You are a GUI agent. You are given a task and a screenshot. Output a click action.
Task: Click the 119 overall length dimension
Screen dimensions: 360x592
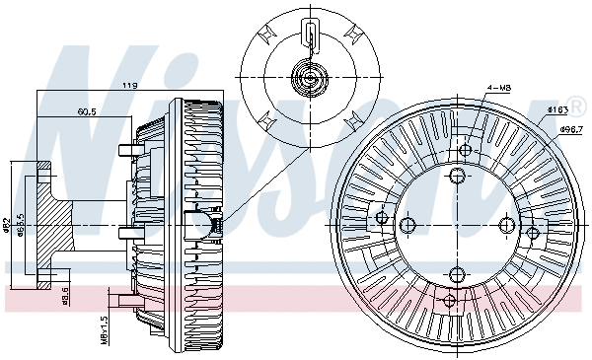128,87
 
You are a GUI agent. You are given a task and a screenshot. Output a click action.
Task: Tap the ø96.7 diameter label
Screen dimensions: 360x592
573,129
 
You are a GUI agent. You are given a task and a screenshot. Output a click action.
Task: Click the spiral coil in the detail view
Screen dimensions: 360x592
310,78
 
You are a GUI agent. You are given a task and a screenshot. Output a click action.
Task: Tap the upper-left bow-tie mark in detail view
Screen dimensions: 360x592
264,33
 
